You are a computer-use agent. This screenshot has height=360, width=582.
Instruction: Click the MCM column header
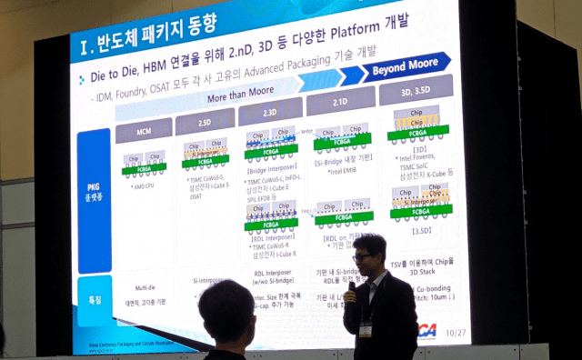[x=144, y=132]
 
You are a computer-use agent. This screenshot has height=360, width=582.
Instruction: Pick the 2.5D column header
[x=205, y=122]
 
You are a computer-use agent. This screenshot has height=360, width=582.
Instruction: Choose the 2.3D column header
[x=270, y=112]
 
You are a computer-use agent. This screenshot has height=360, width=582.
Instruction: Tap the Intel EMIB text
[x=342, y=170]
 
